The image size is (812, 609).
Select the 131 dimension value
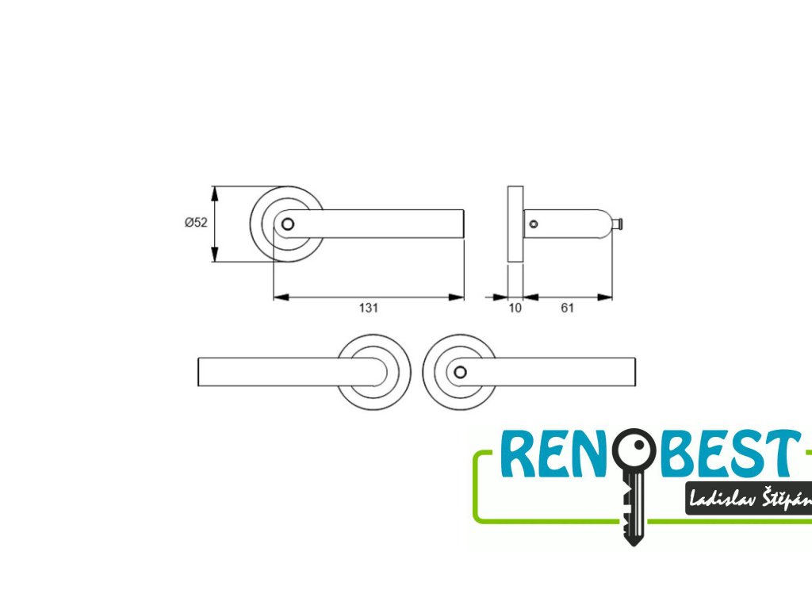(x=368, y=308)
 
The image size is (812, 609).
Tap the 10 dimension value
(x=515, y=308)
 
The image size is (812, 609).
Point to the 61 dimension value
(x=567, y=308)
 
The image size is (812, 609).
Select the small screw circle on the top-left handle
(x=288, y=224)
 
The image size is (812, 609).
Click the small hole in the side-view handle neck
(x=533, y=224)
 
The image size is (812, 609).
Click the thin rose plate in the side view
(x=515, y=224)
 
